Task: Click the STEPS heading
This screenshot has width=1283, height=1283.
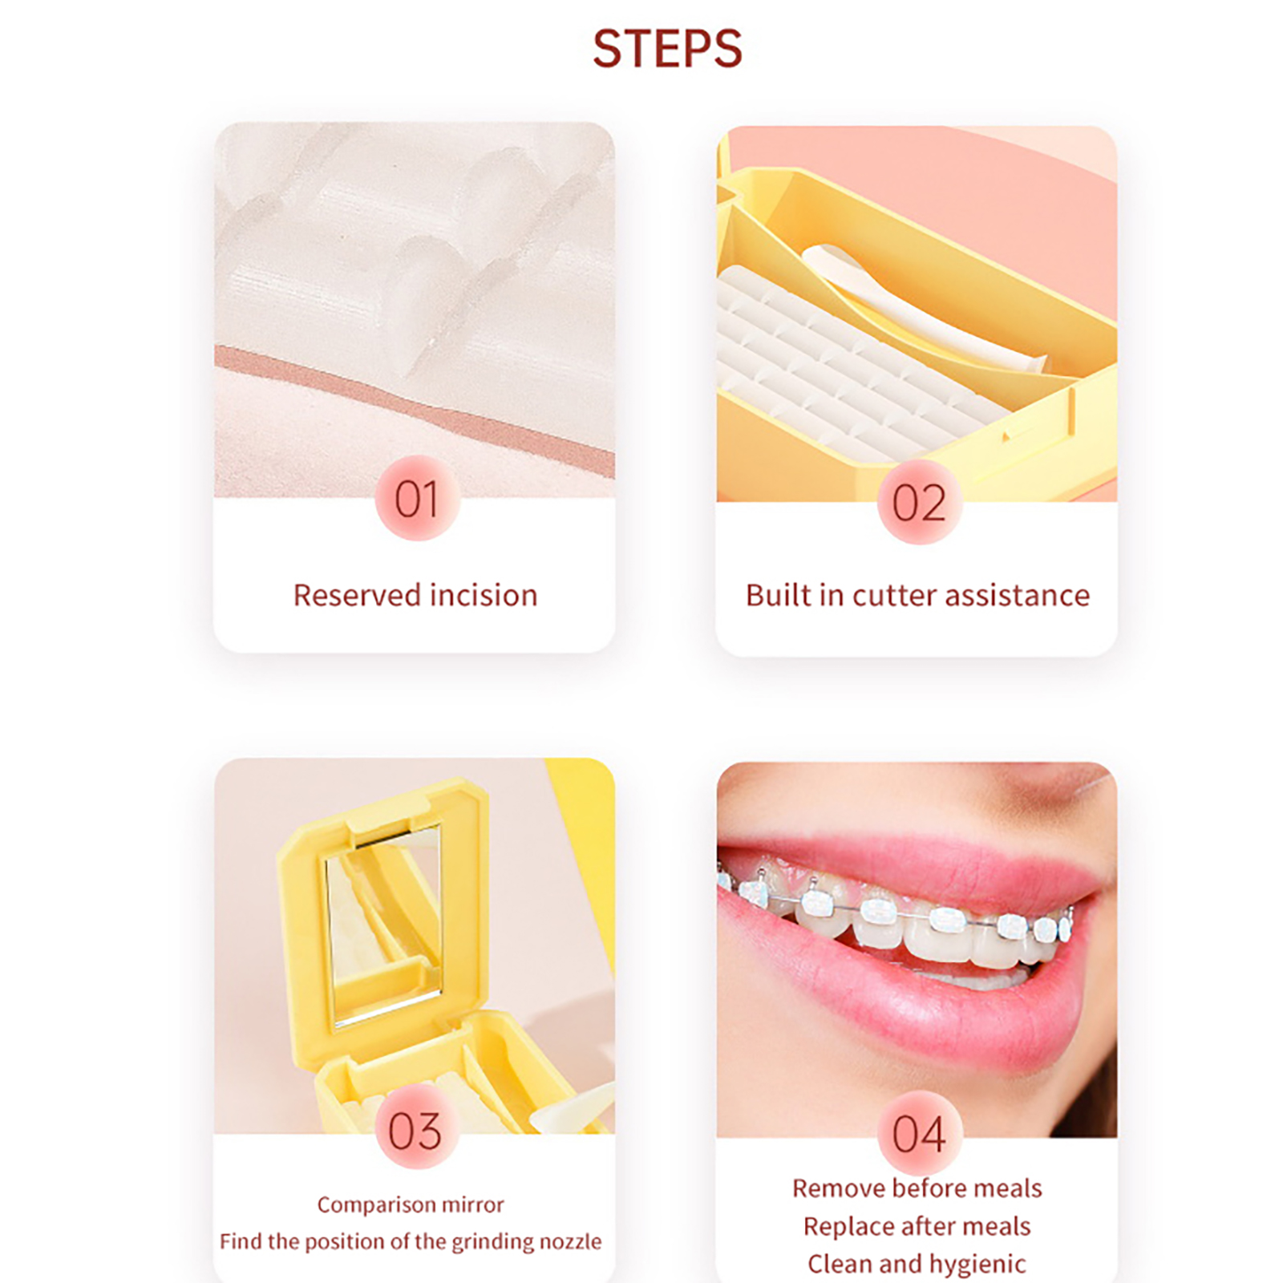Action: tap(667, 49)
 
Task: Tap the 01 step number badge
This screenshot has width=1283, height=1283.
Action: tap(417, 499)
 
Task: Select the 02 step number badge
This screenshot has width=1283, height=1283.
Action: tap(919, 503)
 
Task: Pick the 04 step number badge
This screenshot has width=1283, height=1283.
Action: tap(919, 1133)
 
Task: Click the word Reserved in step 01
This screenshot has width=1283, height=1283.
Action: tap(356, 595)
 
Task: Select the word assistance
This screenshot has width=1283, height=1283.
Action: tap(1018, 595)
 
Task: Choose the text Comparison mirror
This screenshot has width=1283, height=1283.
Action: tap(411, 1204)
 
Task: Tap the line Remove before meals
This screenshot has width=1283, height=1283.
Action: tap(917, 1188)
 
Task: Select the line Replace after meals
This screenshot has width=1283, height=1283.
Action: tap(917, 1226)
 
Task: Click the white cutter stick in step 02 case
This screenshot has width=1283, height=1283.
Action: tap(922, 309)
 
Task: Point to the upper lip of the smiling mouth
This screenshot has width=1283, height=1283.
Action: tap(914, 866)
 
